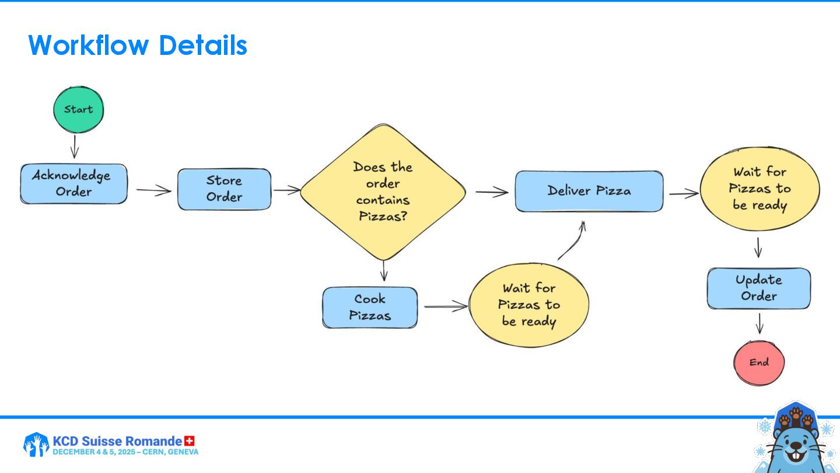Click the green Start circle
pos(78,109)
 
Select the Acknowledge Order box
pos(73,183)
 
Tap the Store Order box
pos(224,189)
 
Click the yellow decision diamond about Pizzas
pos(383,192)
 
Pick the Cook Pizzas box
pos(370,307)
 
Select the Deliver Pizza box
pos(589,191)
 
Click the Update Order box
pos(758,288)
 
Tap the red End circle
pos(759,362)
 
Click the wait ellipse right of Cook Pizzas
pos(528,305)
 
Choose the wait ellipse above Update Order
pos(759,189)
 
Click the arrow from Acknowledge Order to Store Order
pos(153,190)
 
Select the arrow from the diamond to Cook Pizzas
pos(384,270)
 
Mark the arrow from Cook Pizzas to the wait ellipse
pos(445,306)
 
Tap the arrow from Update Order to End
pos(759,324)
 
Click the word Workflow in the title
pos(88,45)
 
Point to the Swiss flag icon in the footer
pos(189,441)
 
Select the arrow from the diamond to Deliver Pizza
pos(491,192)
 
